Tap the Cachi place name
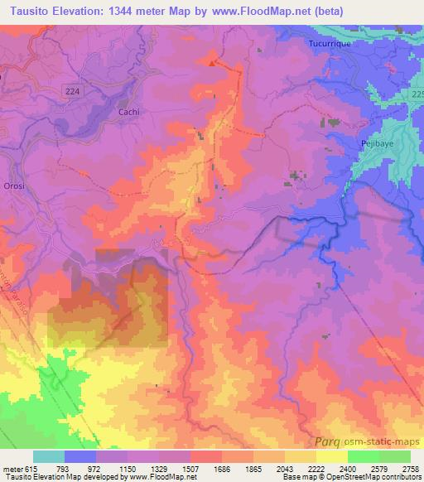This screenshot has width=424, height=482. click(129, 111)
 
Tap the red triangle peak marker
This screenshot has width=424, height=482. click(213, 62)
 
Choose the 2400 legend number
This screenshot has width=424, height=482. click(349, 468)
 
